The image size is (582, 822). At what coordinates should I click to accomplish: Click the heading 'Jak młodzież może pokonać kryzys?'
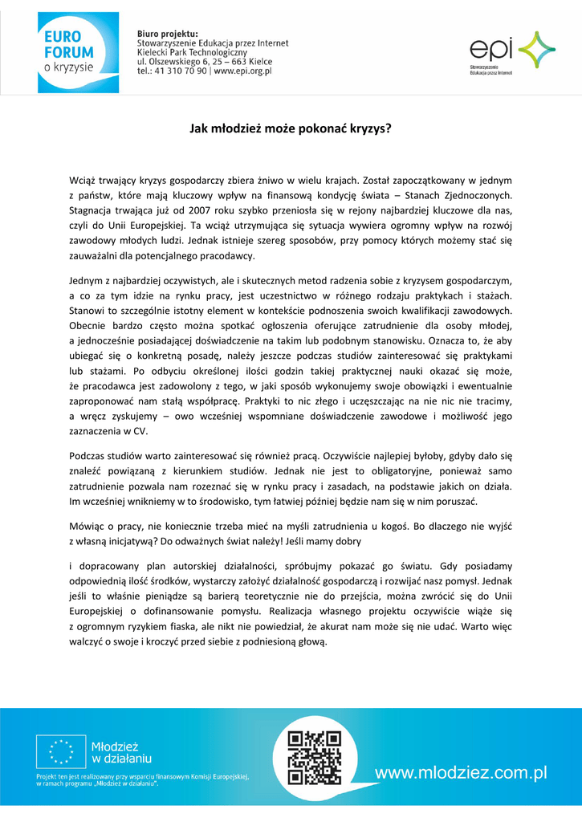[x=291, y=128]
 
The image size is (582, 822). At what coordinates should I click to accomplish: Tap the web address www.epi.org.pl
[x=243, y=71]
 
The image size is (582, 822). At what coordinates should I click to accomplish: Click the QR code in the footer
[x=315, y=757]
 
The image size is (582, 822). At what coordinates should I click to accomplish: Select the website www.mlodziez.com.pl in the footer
[x=461, y=773]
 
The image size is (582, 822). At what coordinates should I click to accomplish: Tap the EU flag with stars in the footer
[x=59, y=752]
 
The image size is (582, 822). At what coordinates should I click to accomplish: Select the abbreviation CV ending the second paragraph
[x=140, y=431]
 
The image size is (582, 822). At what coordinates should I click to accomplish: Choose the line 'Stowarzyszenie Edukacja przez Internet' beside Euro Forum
[x=213, y=43]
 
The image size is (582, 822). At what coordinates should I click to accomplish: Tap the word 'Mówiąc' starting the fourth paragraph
[x=88, y=527]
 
